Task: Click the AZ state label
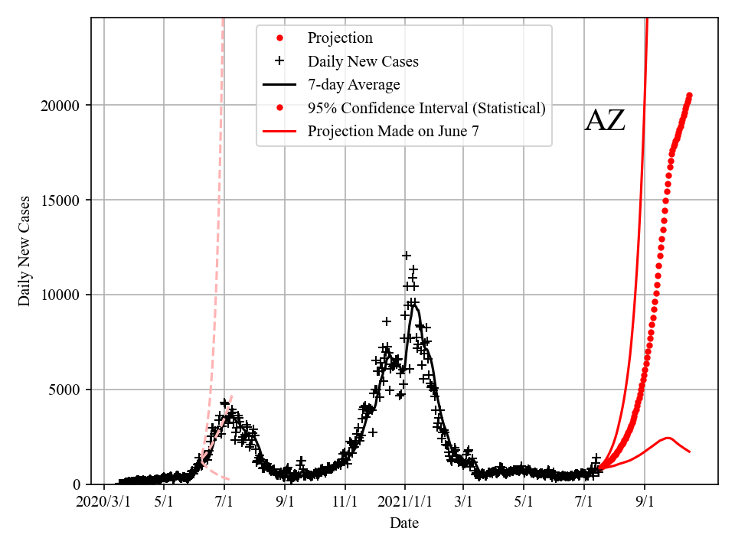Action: [x=605, y=121]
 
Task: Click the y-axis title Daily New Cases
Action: [x=24, y=251]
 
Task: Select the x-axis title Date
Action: [x=403, y=523]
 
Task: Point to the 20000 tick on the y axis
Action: [x=60, y=105]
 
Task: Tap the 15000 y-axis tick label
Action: [x=60, y=200]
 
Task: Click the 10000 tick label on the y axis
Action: [x=60, y=295]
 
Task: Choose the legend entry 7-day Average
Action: [x=354, y=84]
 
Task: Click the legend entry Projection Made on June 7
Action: [x=394, y=132]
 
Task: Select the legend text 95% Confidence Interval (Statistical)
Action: [x=426, y=108]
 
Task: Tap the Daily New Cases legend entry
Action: [x=363, y=60]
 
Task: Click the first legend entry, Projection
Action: [x=340, y=37]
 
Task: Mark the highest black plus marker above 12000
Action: [x=407, y=256]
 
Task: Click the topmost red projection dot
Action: [x=689, y=96]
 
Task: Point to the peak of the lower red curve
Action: [x=667, y=439]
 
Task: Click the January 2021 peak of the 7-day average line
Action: [x=414, y=304]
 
